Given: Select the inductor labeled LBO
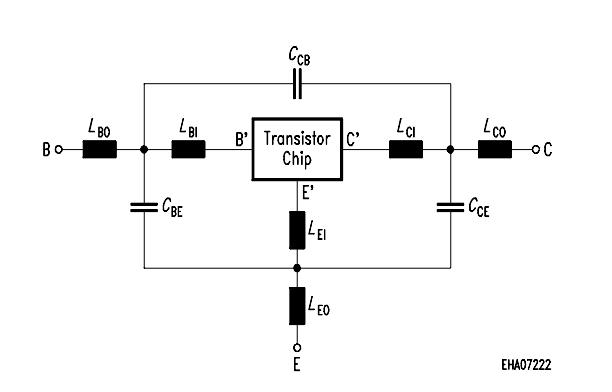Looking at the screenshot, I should [99, 150].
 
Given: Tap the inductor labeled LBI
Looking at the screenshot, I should [188, 150].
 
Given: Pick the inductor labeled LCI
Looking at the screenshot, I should [406, 150].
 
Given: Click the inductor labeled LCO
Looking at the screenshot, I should [495, 150].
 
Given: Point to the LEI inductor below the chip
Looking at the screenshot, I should [297, 229].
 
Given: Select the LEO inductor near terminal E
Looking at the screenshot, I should [297, 304].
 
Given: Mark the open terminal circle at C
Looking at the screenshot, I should [536, 150].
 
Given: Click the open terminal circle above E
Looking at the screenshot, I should [297, 346].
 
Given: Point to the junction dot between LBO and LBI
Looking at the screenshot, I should [145, 150].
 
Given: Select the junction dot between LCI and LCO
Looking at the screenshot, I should [451, 150].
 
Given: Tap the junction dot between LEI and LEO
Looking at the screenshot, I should [297, 267].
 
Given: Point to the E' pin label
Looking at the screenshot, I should [308, 194].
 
